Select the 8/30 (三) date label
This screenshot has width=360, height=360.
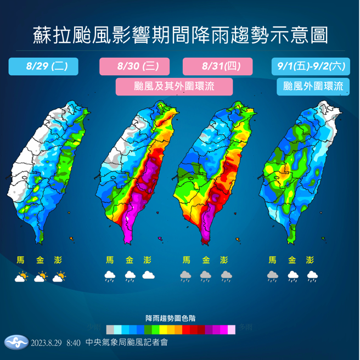pos(137,66)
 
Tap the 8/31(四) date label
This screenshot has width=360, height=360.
pos(217,66)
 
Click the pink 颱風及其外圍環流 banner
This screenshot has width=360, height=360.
pos(175,86)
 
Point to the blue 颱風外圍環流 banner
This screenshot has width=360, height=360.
pos(313,86)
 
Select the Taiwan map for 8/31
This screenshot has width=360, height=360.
pos(214,170)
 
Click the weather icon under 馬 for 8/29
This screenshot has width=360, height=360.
pos(21,277)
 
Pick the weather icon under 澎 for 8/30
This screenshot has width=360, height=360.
pos(148,276)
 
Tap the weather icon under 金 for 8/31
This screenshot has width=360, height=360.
pos(206,276)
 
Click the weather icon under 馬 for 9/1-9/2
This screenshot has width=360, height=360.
pos(272,276)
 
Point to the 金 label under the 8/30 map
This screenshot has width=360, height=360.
pos(129,260)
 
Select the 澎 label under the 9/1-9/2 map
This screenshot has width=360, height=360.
pos(311,260)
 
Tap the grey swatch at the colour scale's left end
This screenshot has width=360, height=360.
pos(110,329)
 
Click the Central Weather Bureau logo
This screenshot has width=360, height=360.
pos(16,343)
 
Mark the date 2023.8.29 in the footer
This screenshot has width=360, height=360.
pos(47,344)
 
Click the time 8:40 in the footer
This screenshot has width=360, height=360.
pos(73,344)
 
